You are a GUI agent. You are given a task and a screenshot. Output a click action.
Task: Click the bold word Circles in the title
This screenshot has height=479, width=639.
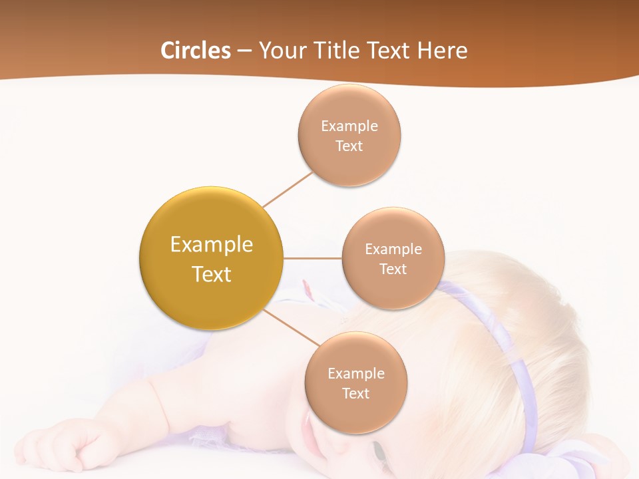195,51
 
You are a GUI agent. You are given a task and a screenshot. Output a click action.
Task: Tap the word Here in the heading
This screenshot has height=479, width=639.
442,51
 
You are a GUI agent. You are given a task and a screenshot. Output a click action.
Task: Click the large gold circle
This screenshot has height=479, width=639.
211,258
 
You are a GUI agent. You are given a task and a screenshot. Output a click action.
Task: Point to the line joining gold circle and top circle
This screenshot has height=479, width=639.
288,190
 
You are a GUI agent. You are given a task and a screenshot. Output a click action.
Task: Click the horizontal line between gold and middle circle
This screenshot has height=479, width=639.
313,258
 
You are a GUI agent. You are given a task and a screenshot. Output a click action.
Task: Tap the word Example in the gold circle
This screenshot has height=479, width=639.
211,244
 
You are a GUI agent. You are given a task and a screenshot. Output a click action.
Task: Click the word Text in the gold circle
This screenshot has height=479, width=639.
211,273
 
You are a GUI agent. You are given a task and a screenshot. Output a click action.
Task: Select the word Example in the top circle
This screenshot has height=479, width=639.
349,126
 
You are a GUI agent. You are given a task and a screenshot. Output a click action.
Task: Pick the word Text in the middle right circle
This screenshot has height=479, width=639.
393,269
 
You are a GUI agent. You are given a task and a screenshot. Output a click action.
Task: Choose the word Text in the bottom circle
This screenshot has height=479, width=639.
356,393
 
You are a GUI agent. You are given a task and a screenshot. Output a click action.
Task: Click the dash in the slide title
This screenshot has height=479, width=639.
244,51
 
